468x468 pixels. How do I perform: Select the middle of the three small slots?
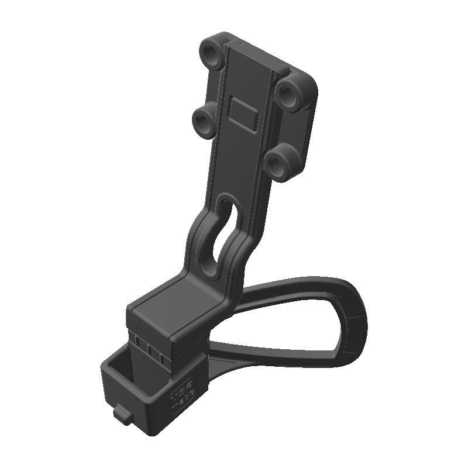tap(151, 350)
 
